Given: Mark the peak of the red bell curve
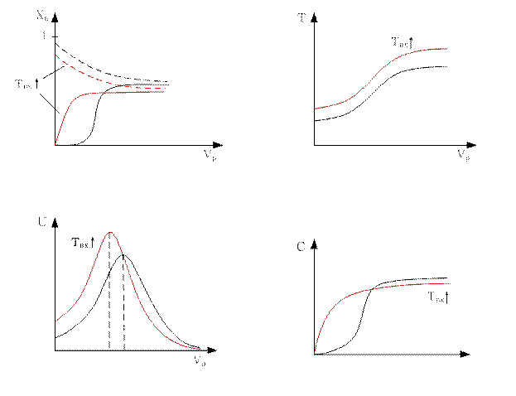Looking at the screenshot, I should tap(110, 234).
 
